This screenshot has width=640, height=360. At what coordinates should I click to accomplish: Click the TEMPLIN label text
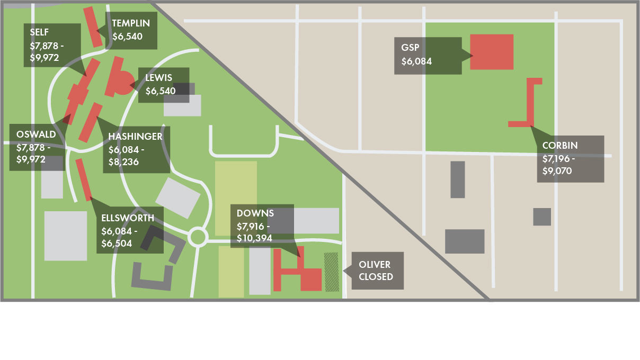[131, 23]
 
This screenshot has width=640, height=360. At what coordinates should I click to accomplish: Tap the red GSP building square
[492, 52]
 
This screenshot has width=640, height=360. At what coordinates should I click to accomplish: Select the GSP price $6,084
[416, 61]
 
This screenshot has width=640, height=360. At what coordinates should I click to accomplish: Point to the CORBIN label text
[560, 146]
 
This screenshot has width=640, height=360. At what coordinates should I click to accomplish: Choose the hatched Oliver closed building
[332, 272]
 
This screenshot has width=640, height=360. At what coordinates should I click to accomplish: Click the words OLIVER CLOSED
[376, 271]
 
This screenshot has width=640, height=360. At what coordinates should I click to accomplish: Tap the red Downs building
[310, 279]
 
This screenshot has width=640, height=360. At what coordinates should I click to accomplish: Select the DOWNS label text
[255, 213]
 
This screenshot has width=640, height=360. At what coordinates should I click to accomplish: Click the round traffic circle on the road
[198, 237]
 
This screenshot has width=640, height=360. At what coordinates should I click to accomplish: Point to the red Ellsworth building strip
[83, 179]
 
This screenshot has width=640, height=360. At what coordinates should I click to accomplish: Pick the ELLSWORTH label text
[128, 218]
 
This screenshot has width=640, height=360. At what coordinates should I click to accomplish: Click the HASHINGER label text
[135, 137]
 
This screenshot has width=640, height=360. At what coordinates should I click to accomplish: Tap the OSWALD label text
[36, 134]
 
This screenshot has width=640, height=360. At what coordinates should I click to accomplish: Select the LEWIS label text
[159, 78]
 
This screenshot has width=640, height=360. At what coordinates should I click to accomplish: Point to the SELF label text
[40, 32]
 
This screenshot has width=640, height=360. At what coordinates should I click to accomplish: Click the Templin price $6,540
[128, 37]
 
